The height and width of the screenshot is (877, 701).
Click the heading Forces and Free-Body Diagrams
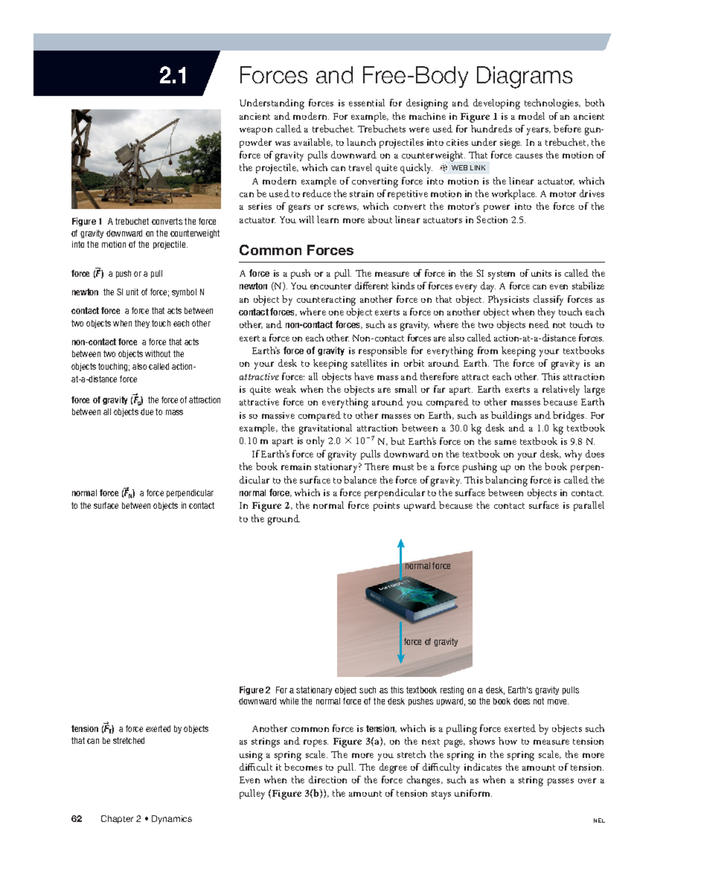click(405, 76)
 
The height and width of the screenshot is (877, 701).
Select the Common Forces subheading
click(296, 250)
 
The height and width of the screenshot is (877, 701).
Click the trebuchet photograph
click(146, 159)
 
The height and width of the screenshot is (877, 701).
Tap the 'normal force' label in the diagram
click(428, 566)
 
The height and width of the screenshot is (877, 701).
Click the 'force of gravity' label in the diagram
click(431, 642)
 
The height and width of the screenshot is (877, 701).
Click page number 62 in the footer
click(77, 819)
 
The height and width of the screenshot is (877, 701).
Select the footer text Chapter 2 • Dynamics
click(146, 819)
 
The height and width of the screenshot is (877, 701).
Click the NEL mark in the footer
click(599, 820)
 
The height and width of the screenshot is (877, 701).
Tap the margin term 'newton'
click(85, 293)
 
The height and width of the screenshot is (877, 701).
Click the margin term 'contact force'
click(96, 311)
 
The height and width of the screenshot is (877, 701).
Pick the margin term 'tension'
click(85, 729)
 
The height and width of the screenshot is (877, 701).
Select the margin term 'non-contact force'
click(104, 342)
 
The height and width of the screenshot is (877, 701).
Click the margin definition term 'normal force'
click(95, 493)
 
